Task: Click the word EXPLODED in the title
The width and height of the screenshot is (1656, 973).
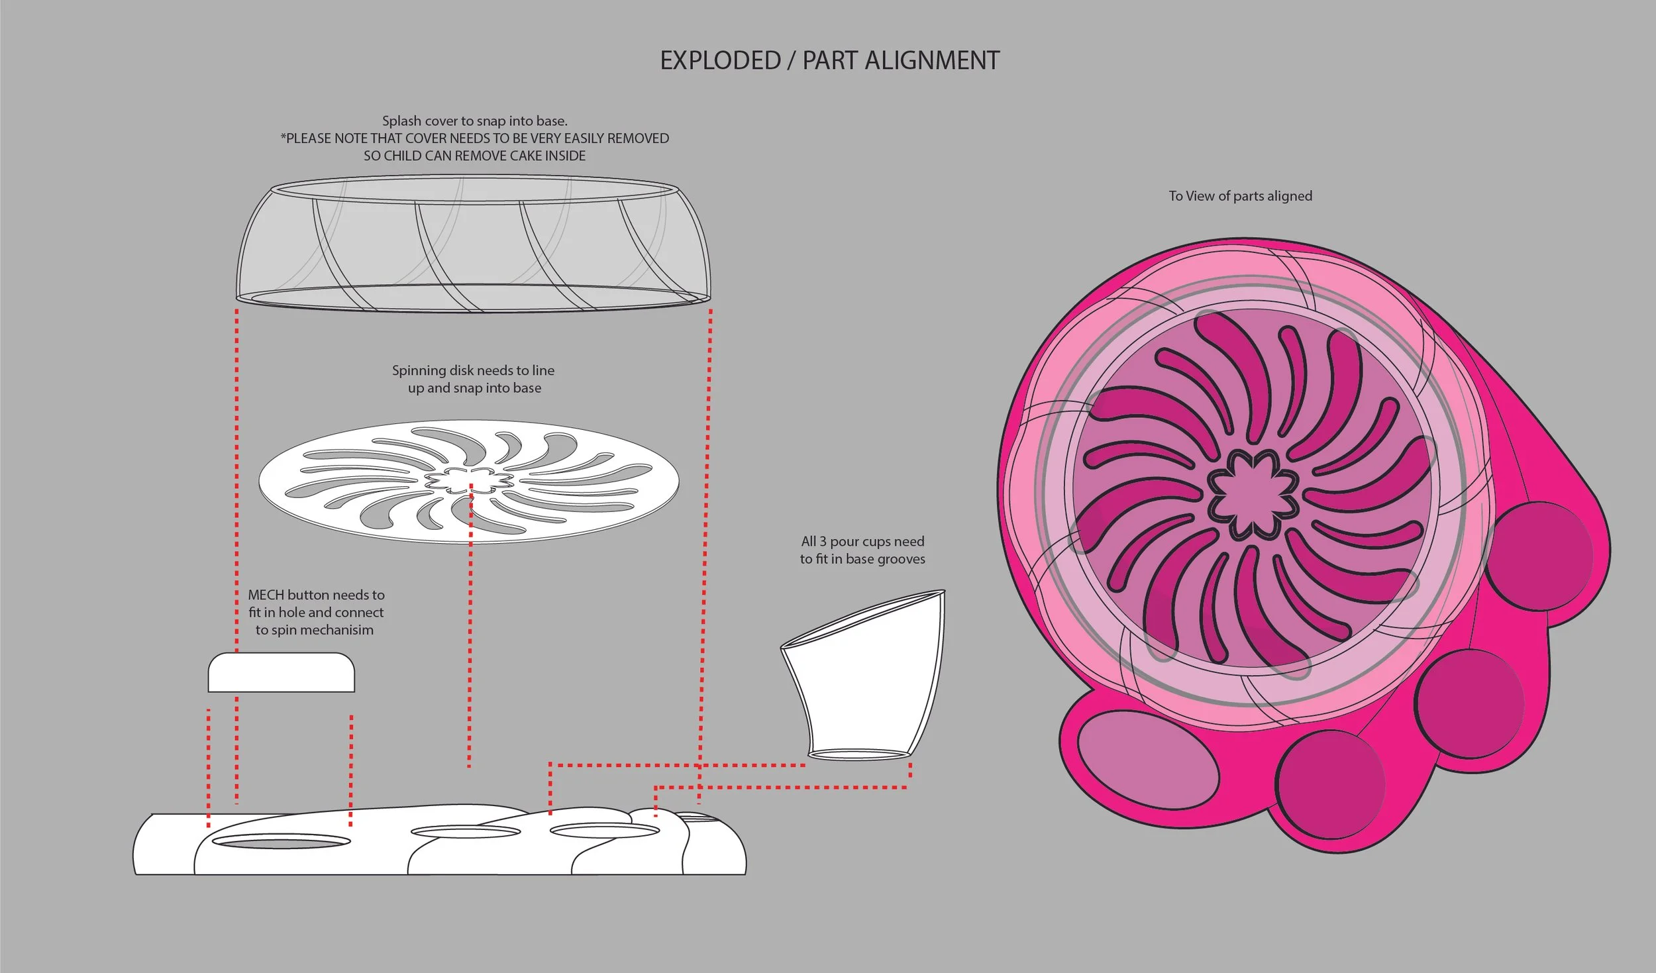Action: point(720,61)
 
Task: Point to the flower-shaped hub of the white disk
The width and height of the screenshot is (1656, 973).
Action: point(469,481)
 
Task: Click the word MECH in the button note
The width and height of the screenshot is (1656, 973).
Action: point(266,595)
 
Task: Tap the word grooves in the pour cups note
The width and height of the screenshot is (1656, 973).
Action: point(898,559)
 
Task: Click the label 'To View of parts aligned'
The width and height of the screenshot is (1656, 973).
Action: point(1240,196)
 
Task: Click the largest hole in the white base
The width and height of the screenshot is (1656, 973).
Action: point(282,843)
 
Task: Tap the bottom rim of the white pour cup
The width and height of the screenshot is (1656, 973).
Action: point(858,754)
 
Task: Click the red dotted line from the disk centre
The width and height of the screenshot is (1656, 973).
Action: point(470,629)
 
